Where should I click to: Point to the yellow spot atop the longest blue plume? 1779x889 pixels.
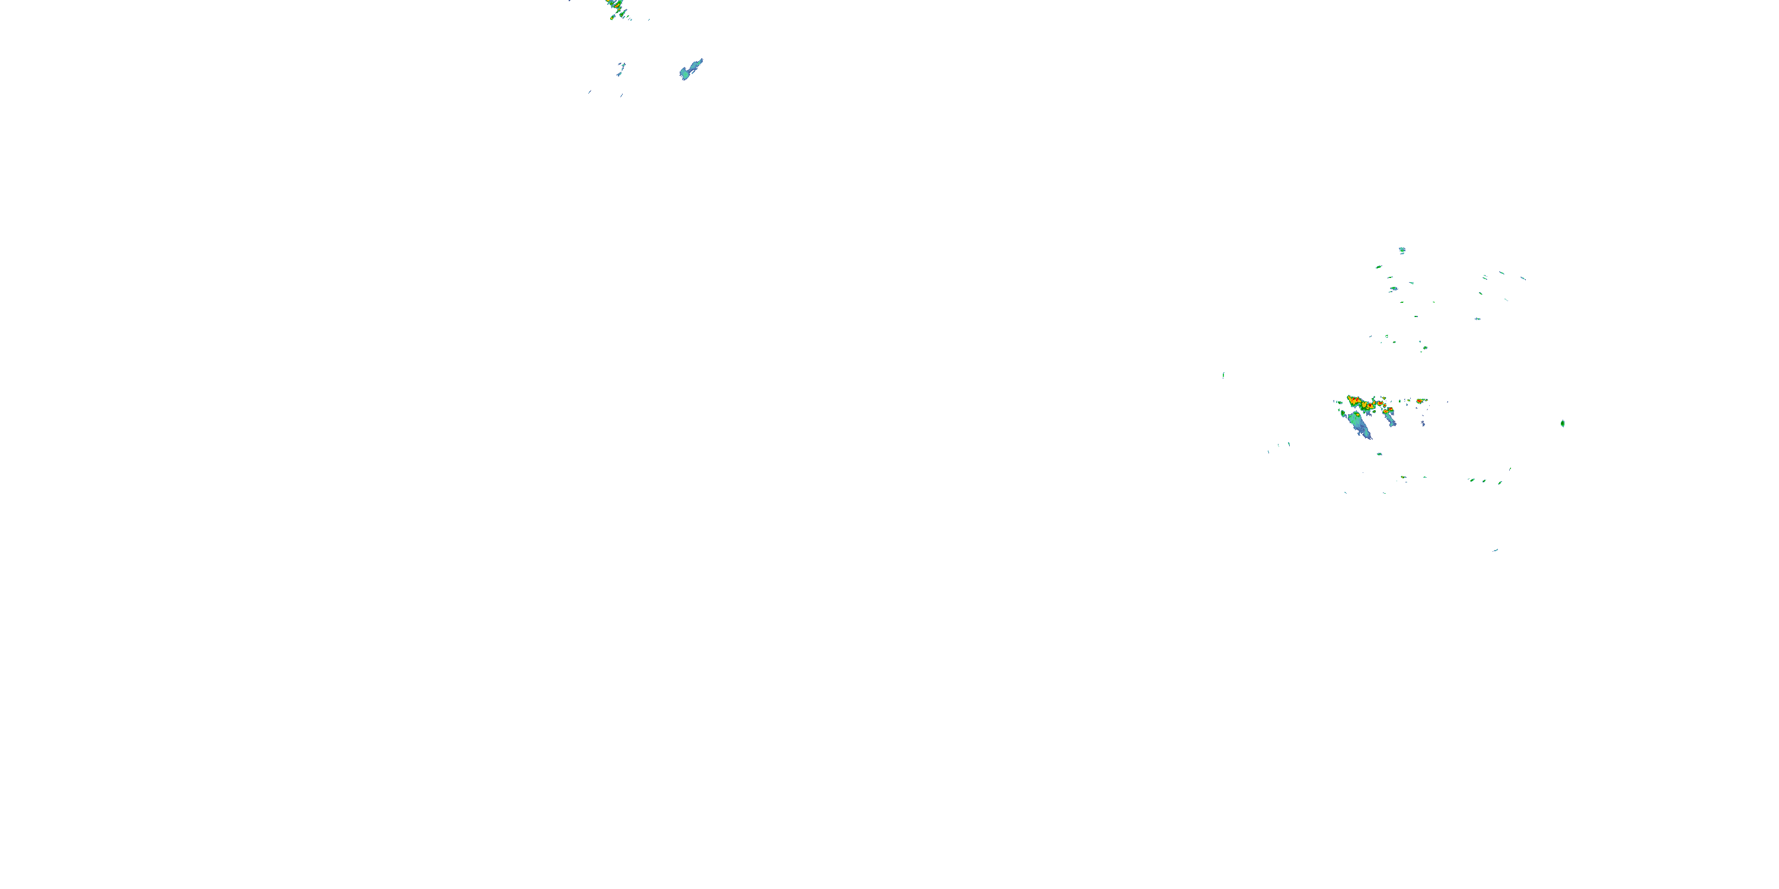pos(1358,415)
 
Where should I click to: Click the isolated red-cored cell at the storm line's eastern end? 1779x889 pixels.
pos(1420,401)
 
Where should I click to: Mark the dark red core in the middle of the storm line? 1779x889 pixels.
pos(1371,406)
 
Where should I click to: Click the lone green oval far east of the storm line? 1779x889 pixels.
pos(1562,423)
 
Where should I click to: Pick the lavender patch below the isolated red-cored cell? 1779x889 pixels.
pos(1423,423)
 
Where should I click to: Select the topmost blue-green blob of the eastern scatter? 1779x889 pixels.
pos(1402,250)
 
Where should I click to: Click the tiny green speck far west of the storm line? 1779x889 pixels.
pos(1223,375)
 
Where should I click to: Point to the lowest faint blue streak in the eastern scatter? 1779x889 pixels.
pos(1495,550)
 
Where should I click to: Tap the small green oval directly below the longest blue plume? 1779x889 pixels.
pos(1379,454)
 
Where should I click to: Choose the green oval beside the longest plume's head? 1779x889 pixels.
pos(1343,414)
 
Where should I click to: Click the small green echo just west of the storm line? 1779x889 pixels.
pos(1340,403)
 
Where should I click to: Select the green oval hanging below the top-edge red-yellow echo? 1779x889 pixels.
pos(613,17)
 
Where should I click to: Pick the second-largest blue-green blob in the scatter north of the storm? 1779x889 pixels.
pos(1394,289)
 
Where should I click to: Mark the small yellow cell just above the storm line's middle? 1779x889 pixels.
pos(1385,398)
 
